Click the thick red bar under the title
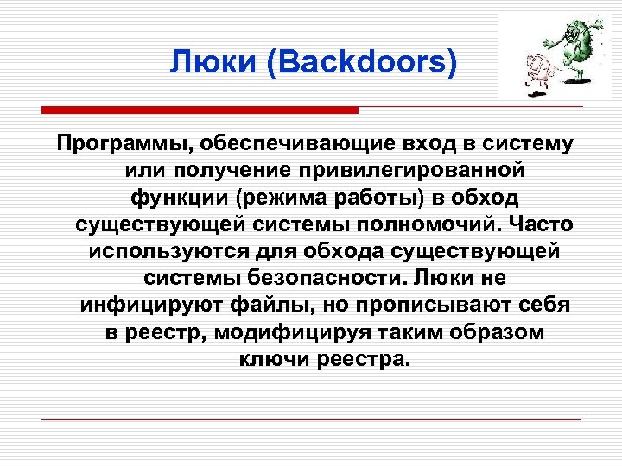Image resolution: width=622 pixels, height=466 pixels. tap(200, 110)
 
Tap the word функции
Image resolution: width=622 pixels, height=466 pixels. tap(175, 198)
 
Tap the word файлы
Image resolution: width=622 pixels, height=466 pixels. tap(260, 307)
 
